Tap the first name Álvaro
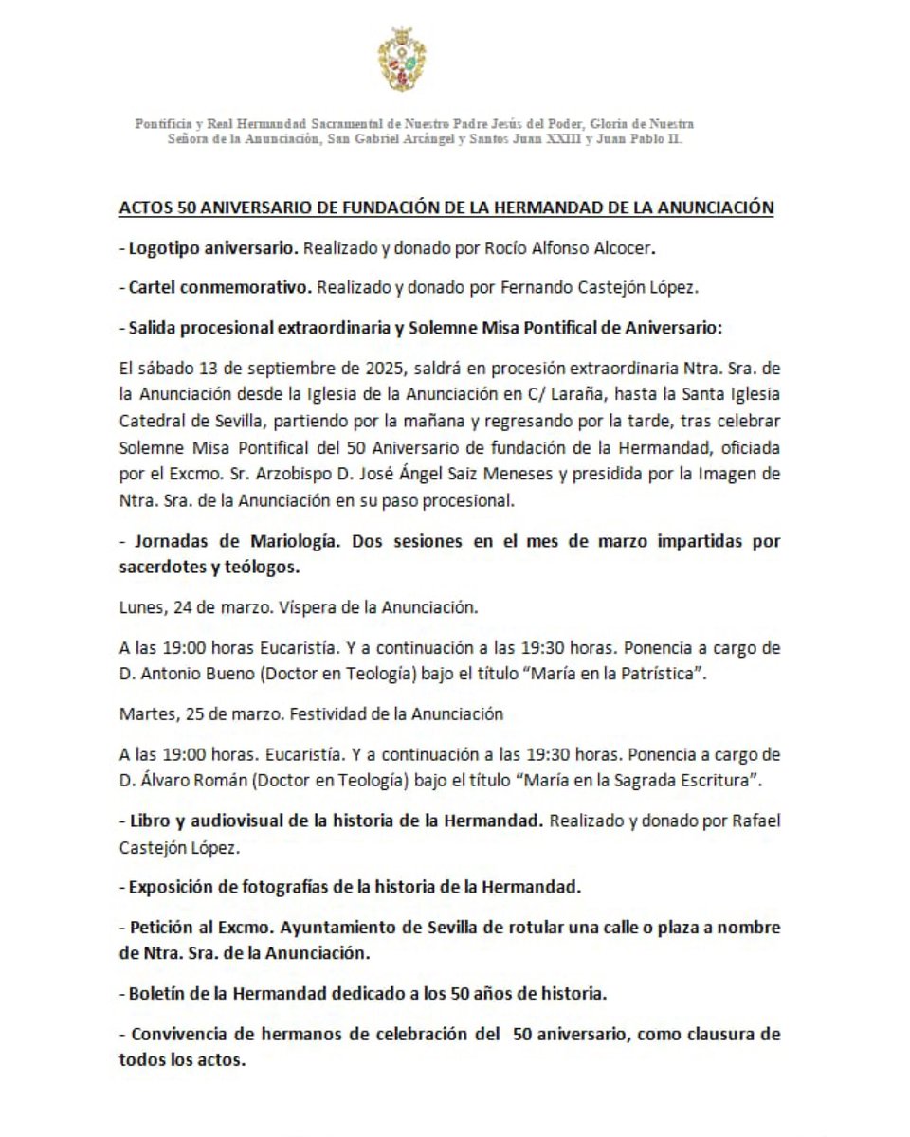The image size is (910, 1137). (x=163, y=784)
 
